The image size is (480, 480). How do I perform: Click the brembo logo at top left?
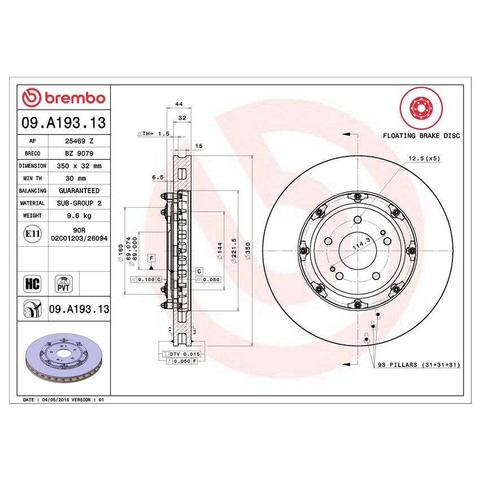(x=63, y=98)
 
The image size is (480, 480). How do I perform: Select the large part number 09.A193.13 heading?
(x=63, y=123)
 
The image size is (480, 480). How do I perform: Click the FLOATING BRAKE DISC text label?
(x=421, y=136)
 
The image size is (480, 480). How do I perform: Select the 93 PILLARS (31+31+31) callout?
(x=418, y=365)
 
